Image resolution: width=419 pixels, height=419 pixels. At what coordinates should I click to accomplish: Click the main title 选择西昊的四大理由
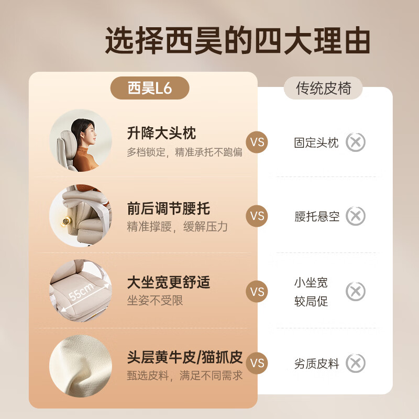(x=238, y=41)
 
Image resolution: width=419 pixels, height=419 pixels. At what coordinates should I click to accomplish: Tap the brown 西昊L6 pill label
(x=149, y=88)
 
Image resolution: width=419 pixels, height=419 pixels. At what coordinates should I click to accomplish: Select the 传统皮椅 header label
(x=323, y=88)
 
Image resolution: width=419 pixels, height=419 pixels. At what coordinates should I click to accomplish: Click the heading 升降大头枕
(x=161, y=133)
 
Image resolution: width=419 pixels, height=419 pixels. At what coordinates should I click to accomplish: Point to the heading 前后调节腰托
(x=168, y=208)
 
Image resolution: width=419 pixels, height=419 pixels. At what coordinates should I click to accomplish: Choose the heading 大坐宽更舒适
(x=168, y=283)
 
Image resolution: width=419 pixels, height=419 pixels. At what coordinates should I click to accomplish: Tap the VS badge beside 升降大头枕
(x=257, y=142)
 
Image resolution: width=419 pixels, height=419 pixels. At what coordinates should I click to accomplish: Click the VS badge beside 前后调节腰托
(x=257, y=216)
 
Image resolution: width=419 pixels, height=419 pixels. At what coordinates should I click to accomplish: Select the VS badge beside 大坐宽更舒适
(x=257, y=291)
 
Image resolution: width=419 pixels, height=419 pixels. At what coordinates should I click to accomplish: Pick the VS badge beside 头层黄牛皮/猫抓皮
(x=257, y=363)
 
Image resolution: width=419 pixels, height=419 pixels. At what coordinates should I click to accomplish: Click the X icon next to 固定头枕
(x=356, y=142)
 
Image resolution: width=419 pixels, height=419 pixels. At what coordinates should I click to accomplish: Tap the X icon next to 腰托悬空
(x=356, y=216)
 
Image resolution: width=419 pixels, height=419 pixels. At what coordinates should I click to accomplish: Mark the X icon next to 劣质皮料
(x=356, y=363)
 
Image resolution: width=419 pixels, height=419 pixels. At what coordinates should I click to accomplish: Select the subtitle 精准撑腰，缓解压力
(x=177, y=227)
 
